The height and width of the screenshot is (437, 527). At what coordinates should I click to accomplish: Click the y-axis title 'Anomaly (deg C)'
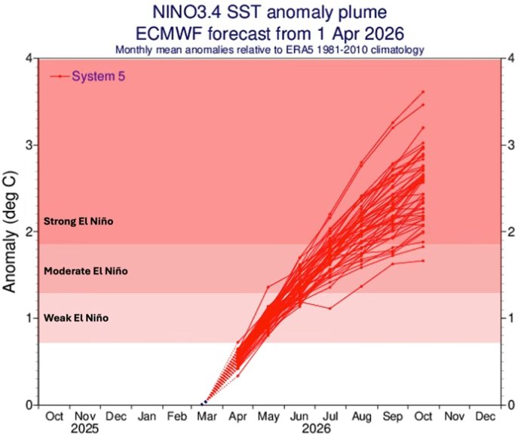[11, 231]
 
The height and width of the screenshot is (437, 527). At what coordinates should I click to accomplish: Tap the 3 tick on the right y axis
[511, 145]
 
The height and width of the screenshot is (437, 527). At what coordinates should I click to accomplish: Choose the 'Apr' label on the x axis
[238, 415]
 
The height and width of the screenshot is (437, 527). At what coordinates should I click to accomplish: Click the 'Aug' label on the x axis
[361, 415]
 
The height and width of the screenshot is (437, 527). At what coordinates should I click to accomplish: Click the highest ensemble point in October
[424, 92]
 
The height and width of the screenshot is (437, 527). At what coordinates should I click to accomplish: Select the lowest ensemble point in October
[424, 261]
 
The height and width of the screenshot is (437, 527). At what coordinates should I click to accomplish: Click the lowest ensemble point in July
[330, 308]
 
